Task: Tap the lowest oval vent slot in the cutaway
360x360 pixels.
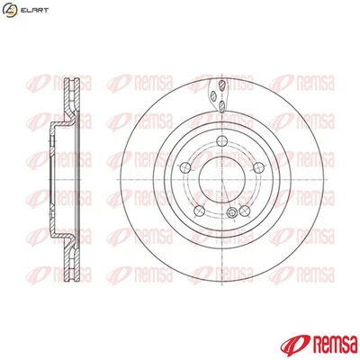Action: [220, 108]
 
